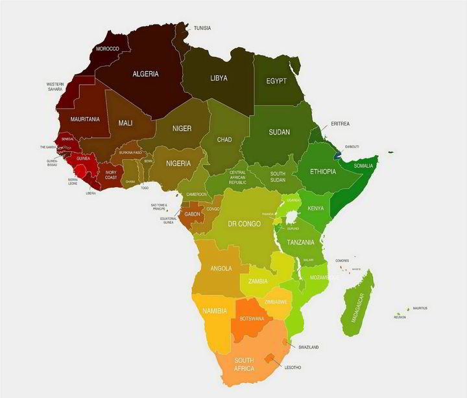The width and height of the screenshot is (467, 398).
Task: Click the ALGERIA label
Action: click(x=145, y=74)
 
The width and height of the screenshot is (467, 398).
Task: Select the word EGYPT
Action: click(x=276, y=82)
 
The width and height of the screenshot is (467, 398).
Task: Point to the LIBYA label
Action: click(x=219, y=78)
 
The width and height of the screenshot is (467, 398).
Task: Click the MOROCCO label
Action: click(x=107, y=49)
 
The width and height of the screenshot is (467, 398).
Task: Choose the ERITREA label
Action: click(x=340, y=124)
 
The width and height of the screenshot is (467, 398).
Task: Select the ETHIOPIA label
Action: click(x=322, y=171)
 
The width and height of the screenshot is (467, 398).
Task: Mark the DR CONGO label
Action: click(x=245, y=224)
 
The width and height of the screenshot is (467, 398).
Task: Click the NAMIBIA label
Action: click(x=215, y=311)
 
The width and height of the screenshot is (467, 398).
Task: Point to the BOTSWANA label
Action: click(x=252, y=318)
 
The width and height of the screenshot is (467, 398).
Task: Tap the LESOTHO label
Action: click(x=293, y=368)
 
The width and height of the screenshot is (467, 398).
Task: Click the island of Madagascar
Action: click(x=357, y=305)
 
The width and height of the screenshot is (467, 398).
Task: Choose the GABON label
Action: click(x=192, y=214)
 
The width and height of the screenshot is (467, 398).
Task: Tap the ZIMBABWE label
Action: click(x=276, y=302)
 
